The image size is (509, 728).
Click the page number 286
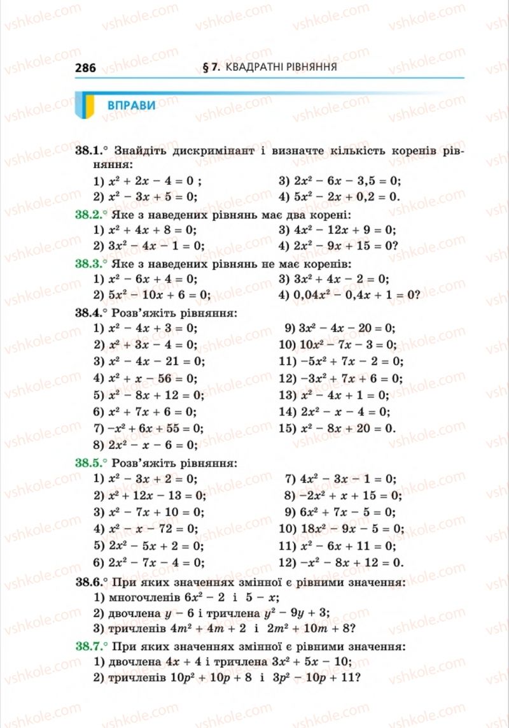[85, 68]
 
